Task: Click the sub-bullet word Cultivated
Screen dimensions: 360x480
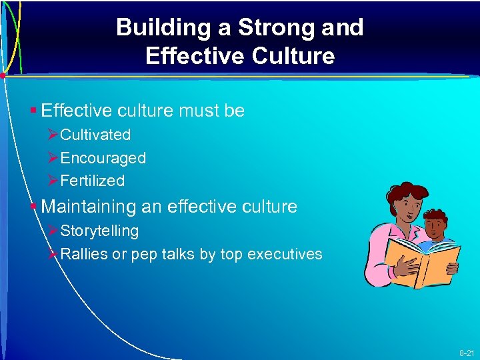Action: pos(95,135)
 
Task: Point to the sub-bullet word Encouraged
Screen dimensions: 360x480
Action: pos(103,158)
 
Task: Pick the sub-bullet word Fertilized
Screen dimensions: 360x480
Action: pos(92,181)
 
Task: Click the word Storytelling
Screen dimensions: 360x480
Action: pos(99,231)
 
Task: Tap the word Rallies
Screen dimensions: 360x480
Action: pos(84,254)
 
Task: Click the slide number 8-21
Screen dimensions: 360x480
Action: pos(466,351)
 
